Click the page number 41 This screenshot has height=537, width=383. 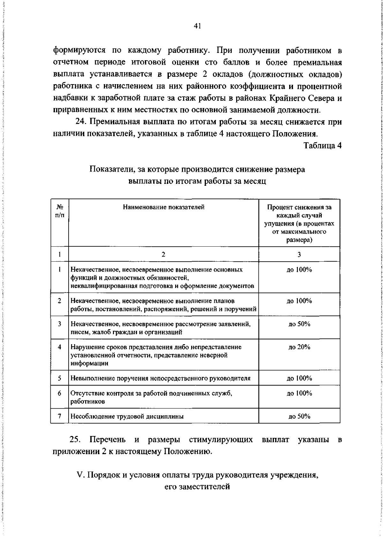pos(197,26)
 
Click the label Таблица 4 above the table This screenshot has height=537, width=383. pos(322,146)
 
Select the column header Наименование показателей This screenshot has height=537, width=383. pos(163,207)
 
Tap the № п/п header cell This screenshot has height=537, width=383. pos(59,211)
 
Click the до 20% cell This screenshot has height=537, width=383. pos(299,347)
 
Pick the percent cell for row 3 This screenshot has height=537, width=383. pos(299,324)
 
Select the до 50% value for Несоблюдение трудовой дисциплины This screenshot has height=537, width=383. pos(299,416)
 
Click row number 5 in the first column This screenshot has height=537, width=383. pos(59,378)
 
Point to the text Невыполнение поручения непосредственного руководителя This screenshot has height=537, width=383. pos(160,379)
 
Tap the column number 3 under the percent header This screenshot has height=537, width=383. pos(299,254)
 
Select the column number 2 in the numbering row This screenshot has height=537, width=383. pos(163,254)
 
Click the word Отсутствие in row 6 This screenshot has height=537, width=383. pos(85,393)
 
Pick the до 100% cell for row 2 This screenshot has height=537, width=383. pos(299,301)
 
